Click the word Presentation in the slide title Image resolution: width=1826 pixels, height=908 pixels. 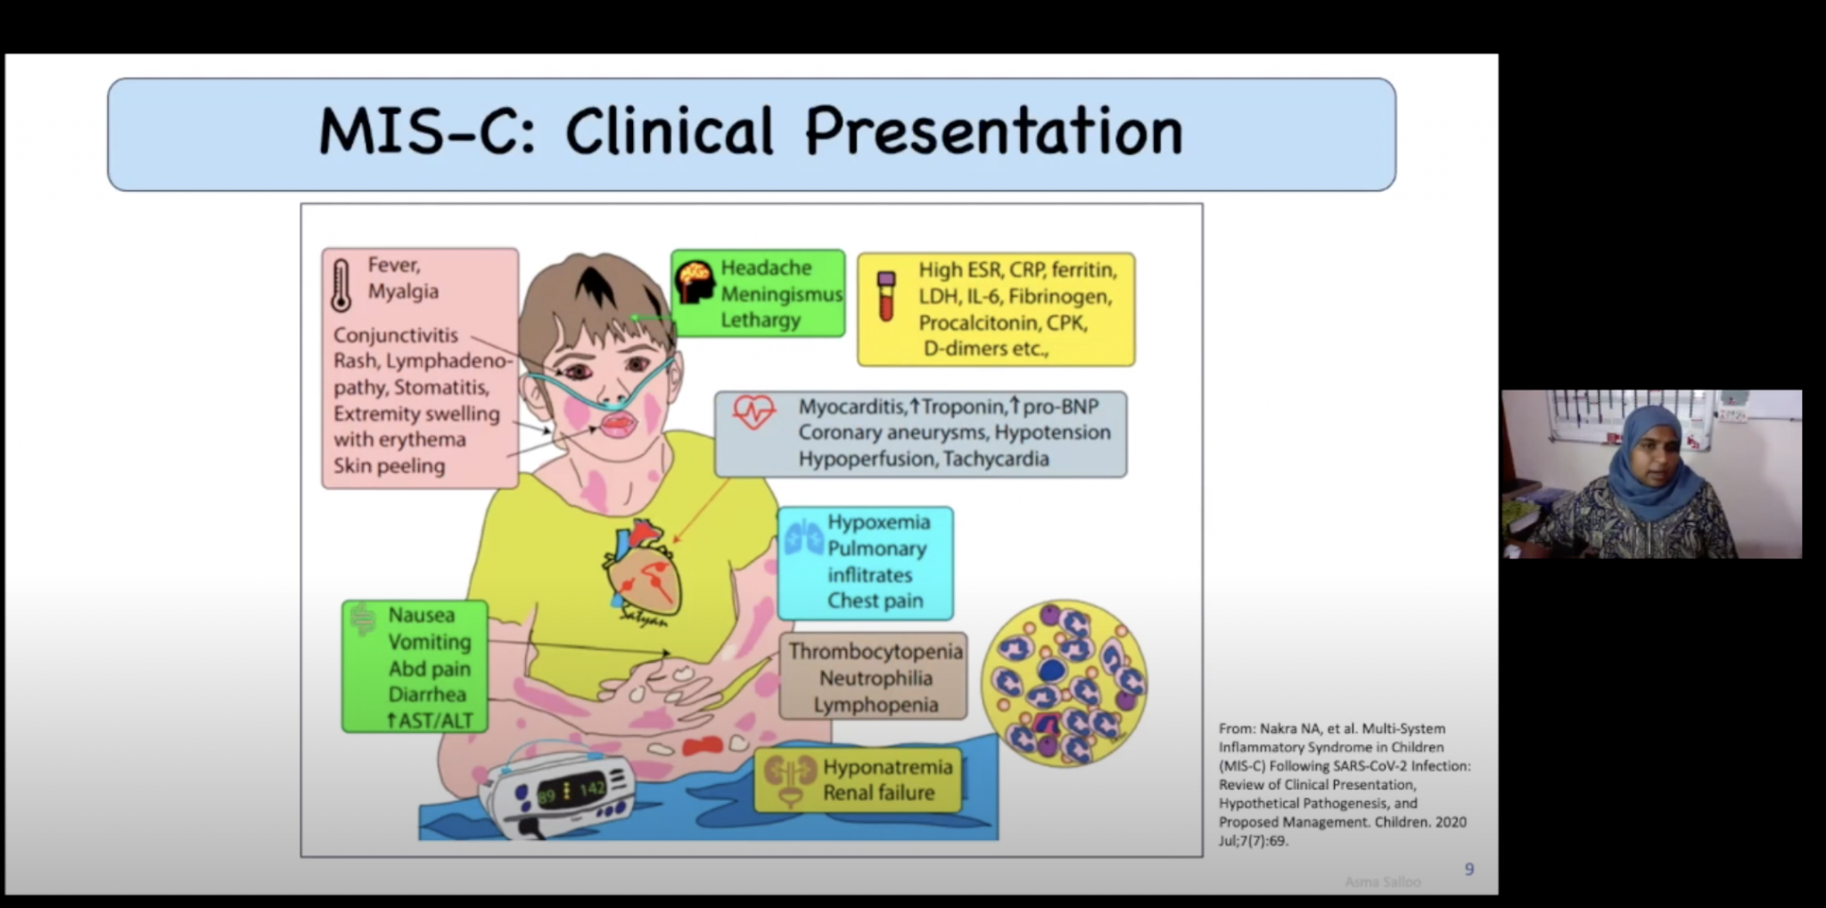pos(993,132)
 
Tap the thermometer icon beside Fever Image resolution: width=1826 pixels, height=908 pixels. pos(341,285)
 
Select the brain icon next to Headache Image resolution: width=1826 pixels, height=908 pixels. pos(695,283)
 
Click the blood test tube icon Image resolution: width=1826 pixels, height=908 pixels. pos(885,296)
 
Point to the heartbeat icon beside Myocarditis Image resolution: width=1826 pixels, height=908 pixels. pos(753,412)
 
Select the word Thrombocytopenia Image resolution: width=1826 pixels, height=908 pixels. pos(876,651)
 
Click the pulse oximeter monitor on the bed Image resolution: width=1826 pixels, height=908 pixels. pos(558,794)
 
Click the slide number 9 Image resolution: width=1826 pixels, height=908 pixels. pos(1469,869)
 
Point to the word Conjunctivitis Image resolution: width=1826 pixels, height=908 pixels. pos(396,335)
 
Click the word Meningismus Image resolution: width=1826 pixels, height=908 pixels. pos(781,293)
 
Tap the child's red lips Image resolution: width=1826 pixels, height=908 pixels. pos(618,423)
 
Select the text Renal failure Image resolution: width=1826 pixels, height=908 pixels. pos(878,793)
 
